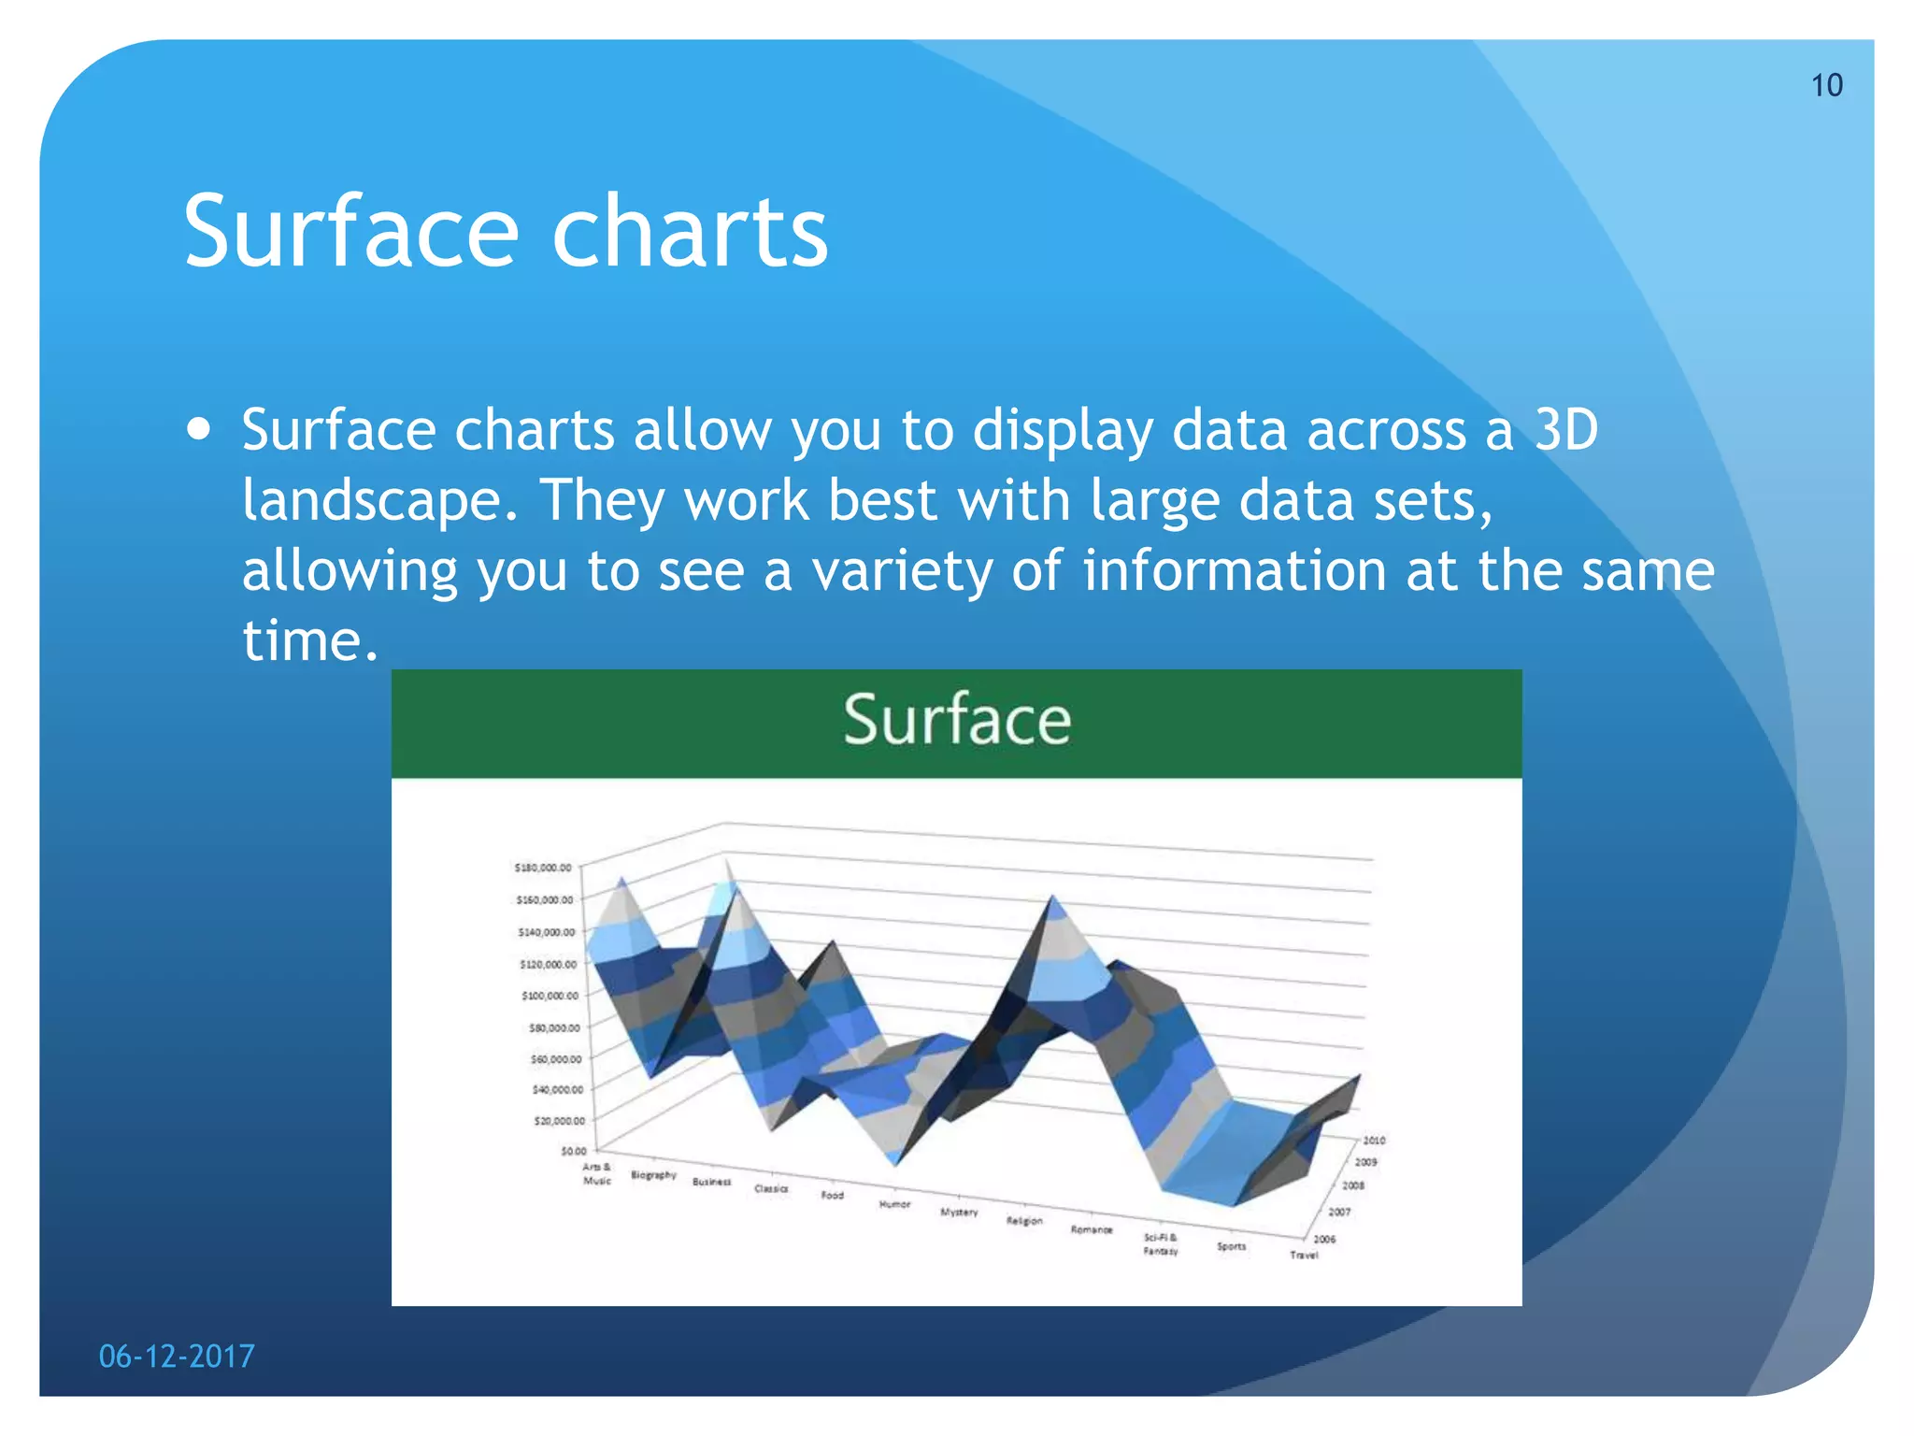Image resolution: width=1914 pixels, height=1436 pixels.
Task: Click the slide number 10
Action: pyautogui.click(x=1826, y=85)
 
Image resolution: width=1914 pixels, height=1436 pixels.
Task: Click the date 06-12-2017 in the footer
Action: pyautogui.click(x=177, y=1356)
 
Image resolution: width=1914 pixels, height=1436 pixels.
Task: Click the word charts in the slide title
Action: pyautogui.click(x=690, y=232)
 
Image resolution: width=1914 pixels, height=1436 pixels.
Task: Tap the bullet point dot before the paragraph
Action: pyautogui.click(x=198, y=430)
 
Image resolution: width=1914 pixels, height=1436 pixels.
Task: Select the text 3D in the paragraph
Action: pyautogui.click(x=1566, y=430)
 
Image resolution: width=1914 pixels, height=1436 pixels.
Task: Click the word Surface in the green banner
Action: pyautogui.click(x=956, y=721)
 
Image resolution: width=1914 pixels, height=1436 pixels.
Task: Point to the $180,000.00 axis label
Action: pyautogui.click(x=543, y=868)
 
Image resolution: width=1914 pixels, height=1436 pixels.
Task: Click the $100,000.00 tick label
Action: pyautogui.click(x=550, y=996)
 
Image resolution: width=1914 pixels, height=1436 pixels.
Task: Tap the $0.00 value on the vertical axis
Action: pyautogui.click(x=573, y=1151)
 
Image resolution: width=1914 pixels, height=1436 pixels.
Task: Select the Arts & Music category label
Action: pyautogui.click(x=596, y=1173)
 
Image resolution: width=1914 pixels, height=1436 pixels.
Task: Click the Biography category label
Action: pyautogui.click(x=653, y=1174)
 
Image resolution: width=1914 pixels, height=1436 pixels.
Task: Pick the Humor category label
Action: pyautogui.click(x=893, y=1204)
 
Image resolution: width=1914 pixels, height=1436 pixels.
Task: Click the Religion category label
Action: pyautogui.click(x=1023, y=1221)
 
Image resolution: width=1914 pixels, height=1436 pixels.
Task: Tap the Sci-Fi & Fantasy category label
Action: pyautogui.click(x=1160, y=1243)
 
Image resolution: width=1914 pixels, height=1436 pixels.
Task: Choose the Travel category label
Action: pyautogui.click(x=1304, y=1255)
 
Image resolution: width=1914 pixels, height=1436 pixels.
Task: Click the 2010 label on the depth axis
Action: pyautogui.click(x=1373, y=1141)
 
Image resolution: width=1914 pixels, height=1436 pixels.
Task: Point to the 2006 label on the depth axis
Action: pyautogui.click(x=1324, y=1239)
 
